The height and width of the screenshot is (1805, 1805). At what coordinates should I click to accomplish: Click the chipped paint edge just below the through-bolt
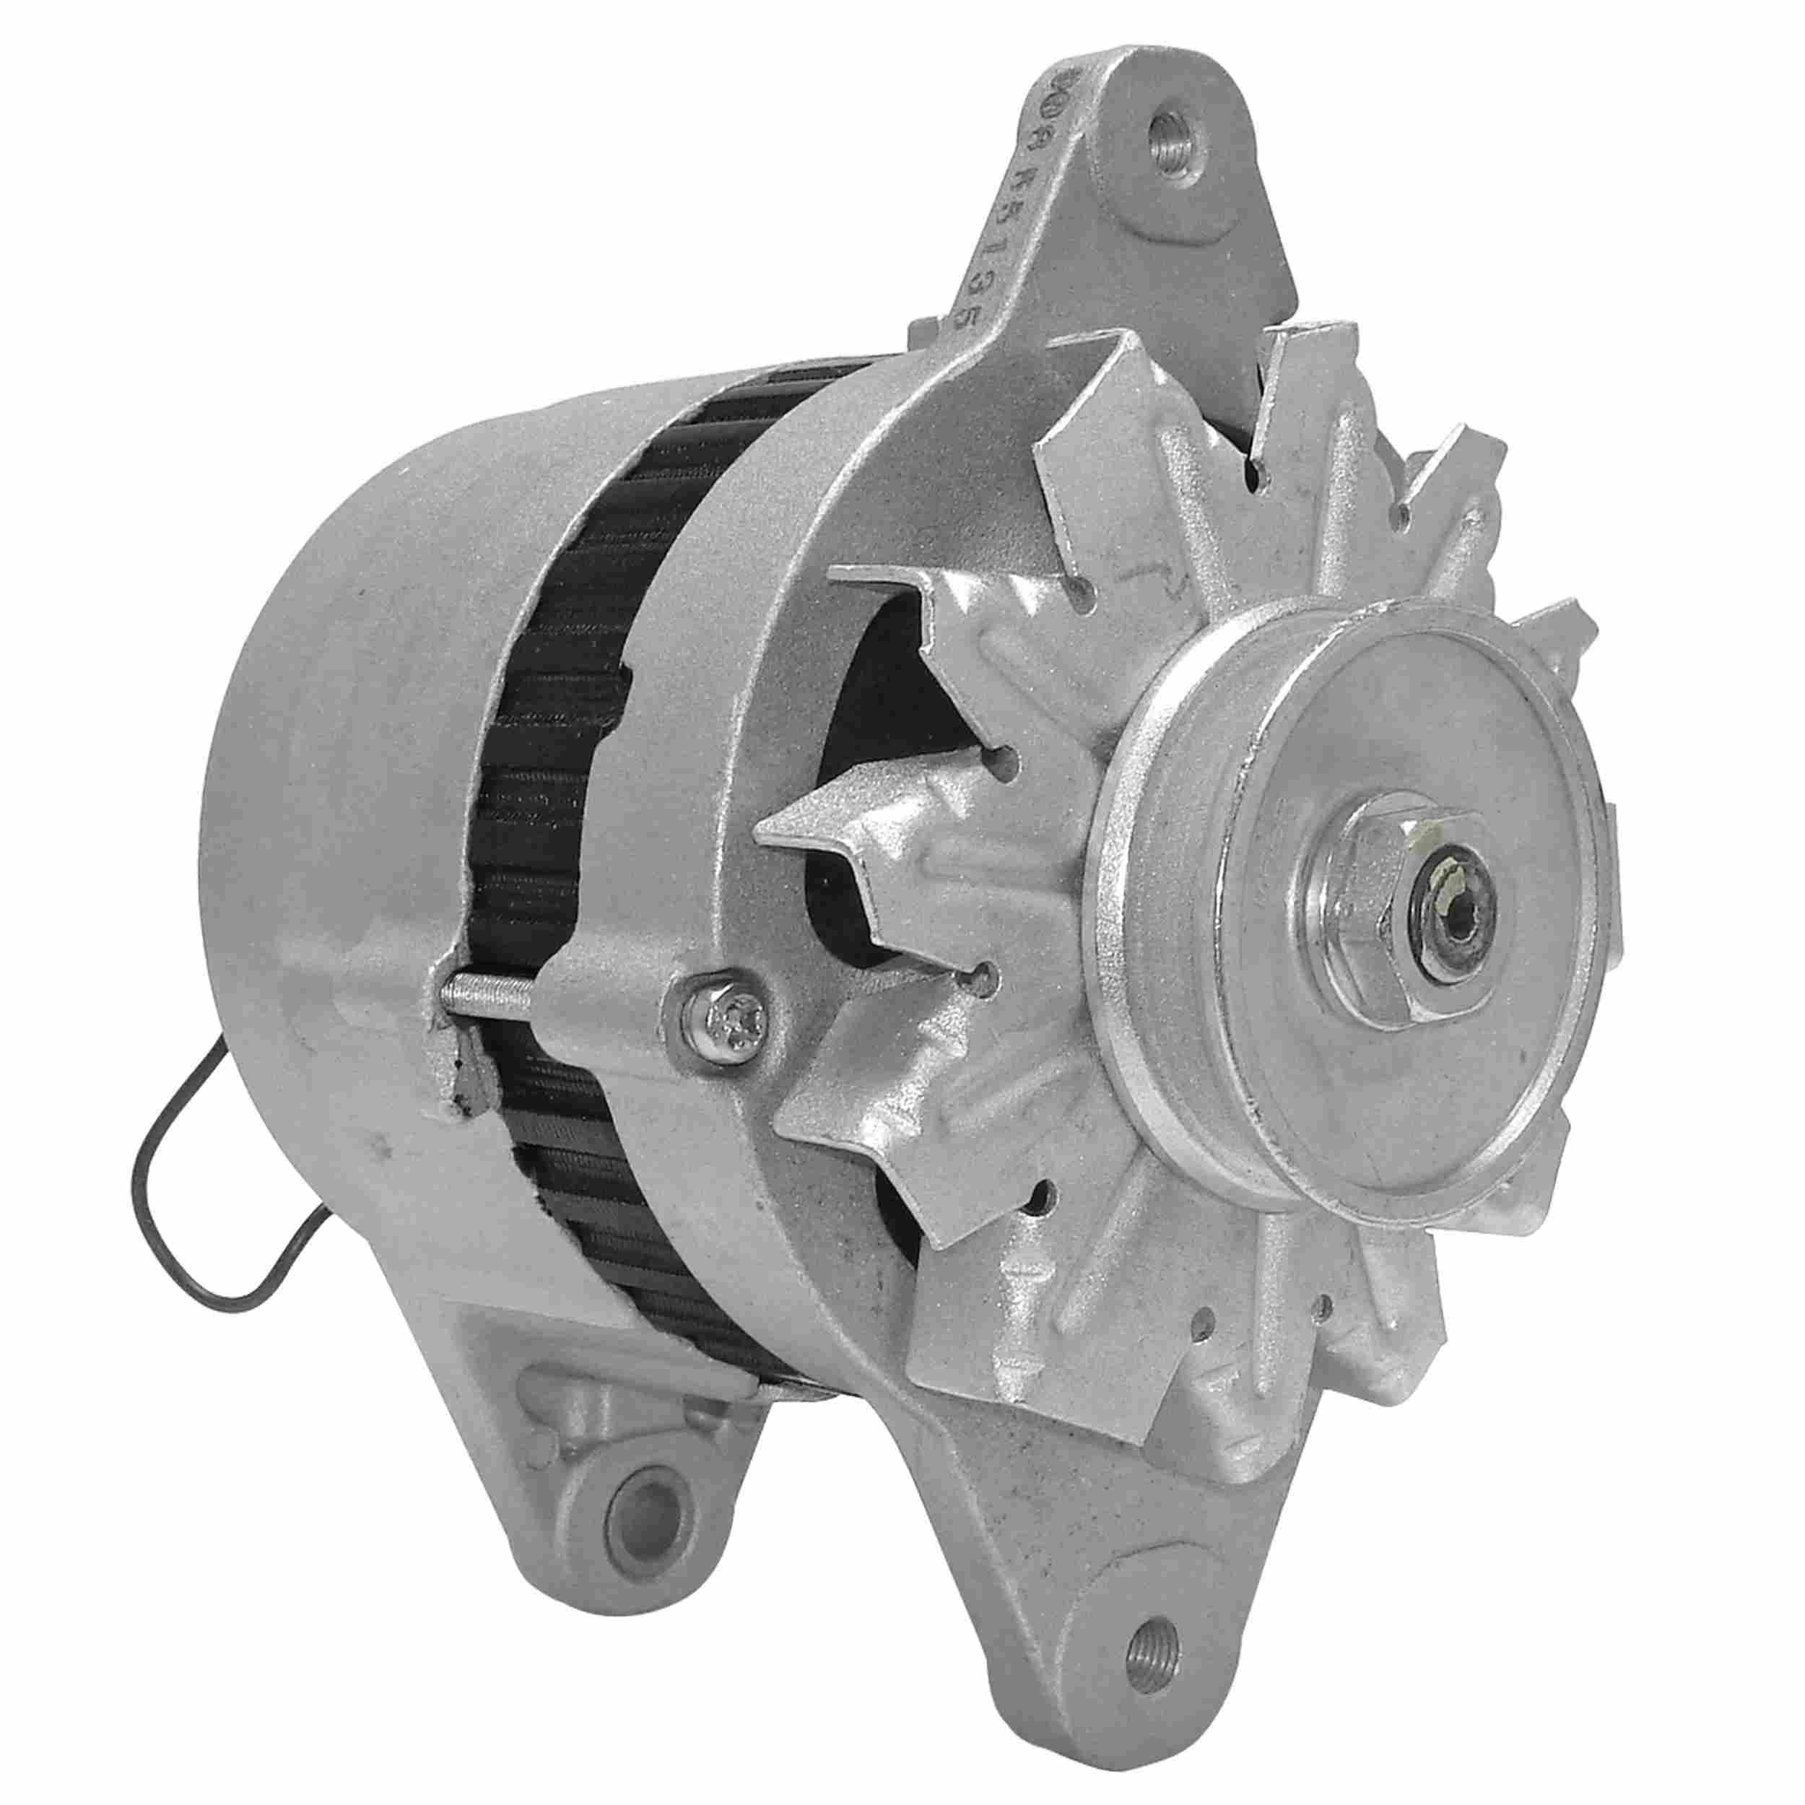click(458, 1074)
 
